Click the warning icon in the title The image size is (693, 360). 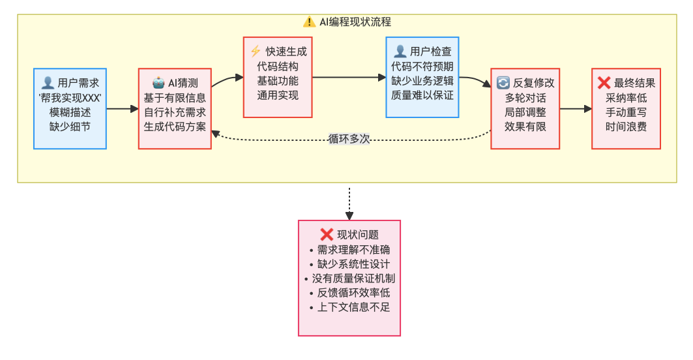pos(310,22)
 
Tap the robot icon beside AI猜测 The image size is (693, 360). pos(158,83)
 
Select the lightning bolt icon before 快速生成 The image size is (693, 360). pos(256,52)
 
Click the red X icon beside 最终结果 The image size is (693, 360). pos(604,83)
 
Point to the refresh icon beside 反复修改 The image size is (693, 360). pos(503,83)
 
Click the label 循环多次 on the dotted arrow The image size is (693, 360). pos(350,138)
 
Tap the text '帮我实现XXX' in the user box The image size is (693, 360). pos(70,97)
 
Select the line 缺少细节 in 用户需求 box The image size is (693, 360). pos(70,127)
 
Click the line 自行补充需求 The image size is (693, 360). pos(175,112)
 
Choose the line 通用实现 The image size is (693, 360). pos(278,95)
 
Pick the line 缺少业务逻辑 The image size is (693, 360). pos(422,81)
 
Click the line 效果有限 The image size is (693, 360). pos(525,127)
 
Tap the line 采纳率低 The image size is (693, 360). pos(626,98)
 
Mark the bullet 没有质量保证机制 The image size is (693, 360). pos(349,278)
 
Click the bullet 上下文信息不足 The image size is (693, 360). pos(349,307)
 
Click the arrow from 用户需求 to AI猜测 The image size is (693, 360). pos(123,108)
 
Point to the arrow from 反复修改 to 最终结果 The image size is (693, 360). pos(576,108)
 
